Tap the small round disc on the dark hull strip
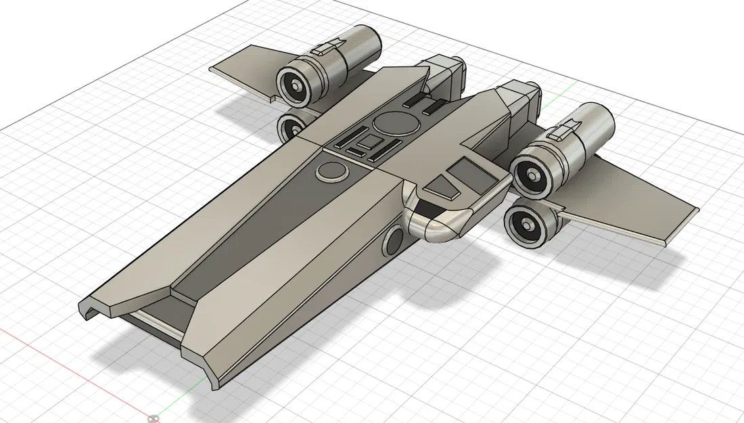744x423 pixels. (x=331, y=171)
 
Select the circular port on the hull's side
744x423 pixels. (x=394, y=240)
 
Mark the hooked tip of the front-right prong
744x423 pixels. (x=216, y=379)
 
